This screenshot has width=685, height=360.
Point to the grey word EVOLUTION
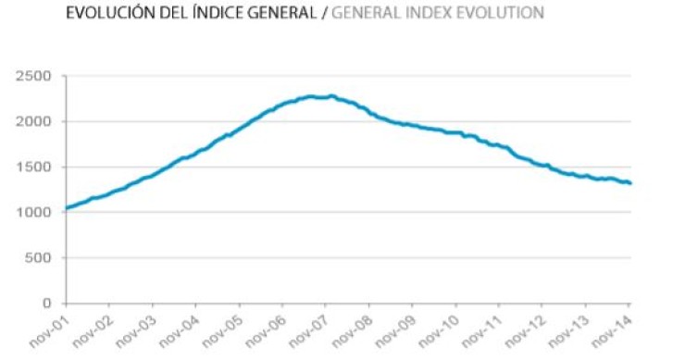(x=505, y=13)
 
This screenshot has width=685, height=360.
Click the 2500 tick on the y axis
(x=35, y=76)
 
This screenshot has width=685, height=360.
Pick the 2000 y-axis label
(x=35, y=121)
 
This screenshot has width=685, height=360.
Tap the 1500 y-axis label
(x=35, y=167)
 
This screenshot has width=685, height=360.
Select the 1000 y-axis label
(x=35, y=212)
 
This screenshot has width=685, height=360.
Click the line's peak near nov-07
(x=331, y=95)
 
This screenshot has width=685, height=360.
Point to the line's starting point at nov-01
(x=65, y=208)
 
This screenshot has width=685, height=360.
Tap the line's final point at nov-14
(x=630, y=183)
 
